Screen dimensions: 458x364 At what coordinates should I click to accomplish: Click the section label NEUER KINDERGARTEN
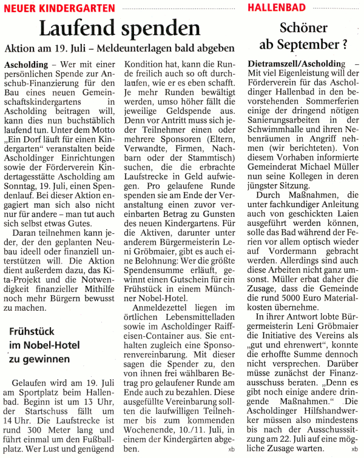(59, 7)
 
